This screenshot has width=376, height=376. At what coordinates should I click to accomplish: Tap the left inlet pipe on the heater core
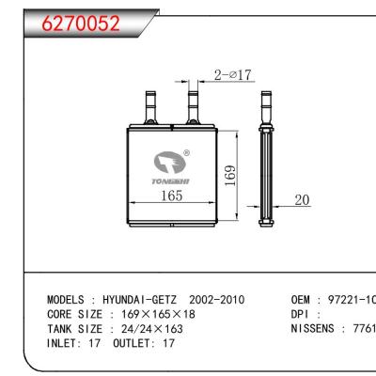tap(149, 101)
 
